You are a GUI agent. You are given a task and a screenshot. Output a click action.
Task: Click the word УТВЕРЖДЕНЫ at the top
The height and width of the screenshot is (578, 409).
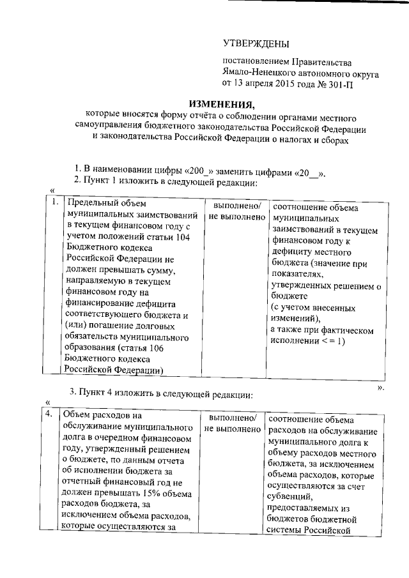[x=255, y=43]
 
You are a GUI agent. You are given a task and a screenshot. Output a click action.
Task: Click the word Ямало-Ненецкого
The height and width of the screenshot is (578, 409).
[x=256, y=73]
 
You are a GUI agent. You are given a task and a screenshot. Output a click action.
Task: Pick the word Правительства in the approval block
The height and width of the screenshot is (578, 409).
[x=321, y=63]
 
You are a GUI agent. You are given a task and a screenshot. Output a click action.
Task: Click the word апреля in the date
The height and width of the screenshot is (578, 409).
[x=256, y=83]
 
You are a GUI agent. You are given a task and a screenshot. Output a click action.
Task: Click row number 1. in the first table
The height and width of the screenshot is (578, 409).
[x=56, y=205]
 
